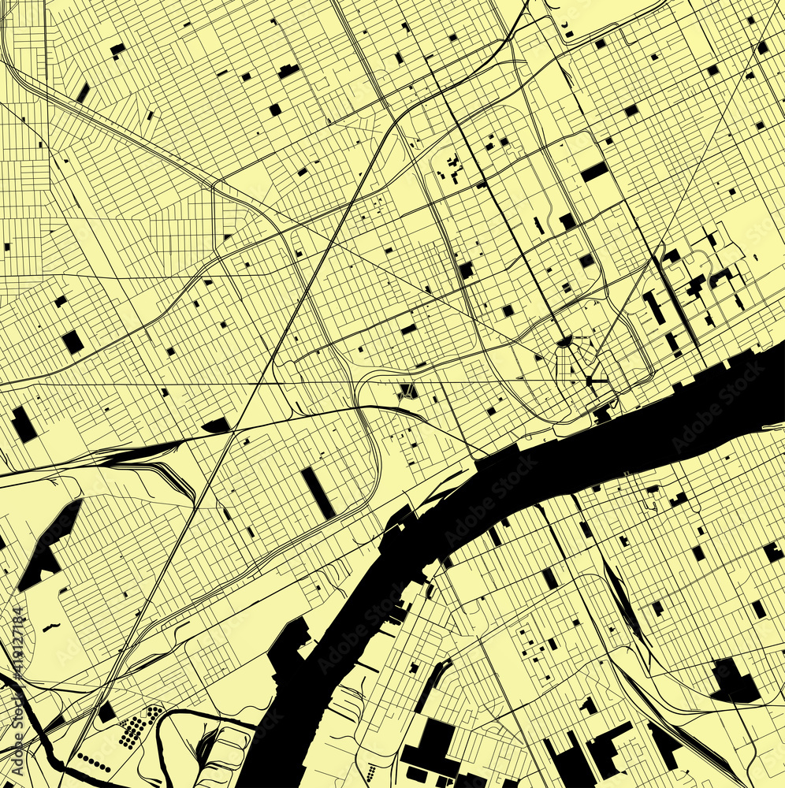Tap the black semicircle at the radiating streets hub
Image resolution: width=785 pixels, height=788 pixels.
[564, 341]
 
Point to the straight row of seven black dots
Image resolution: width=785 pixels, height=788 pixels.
[93, 762]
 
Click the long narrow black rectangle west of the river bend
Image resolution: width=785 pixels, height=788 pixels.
[318, 493]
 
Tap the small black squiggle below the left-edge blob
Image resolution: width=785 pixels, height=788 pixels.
[51, 627]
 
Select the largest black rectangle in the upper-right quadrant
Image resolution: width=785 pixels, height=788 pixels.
[594, 172]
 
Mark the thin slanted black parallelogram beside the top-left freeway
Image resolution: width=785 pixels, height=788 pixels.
[83, 93]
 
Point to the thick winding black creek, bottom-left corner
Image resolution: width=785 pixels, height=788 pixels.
[35, 725]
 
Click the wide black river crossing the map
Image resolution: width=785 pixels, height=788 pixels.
[552, 465]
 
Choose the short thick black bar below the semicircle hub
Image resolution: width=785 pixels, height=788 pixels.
[597, 381]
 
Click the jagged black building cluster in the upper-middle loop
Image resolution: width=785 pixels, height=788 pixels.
[453, 167]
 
